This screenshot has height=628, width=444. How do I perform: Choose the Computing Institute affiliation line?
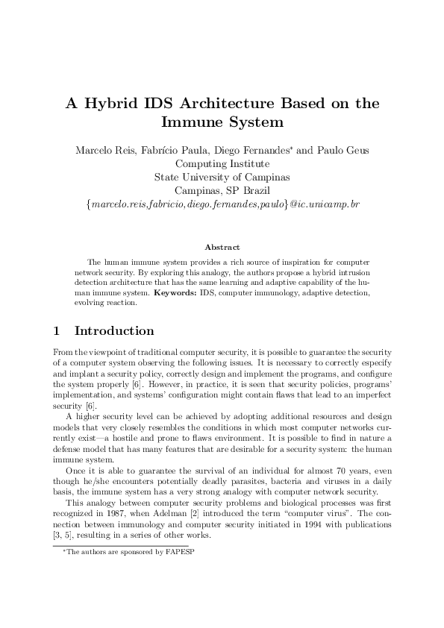pos(222,163)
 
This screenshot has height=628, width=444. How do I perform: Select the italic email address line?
pos(222,204)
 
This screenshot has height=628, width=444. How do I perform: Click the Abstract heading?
pos(222,246)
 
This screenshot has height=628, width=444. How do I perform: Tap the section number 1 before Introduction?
pos(57,331)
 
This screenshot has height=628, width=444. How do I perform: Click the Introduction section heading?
pos(114,331)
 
